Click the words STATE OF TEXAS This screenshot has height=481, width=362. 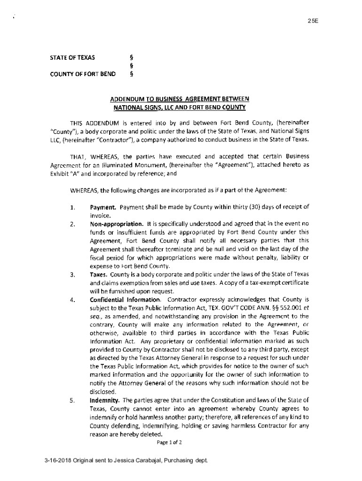click(72, 58)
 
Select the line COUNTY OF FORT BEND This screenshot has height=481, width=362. click(83, 74)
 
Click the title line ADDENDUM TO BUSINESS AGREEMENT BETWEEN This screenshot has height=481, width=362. click(178, 99)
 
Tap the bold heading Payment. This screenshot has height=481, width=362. click(103, 207)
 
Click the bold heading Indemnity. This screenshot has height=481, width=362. click(104, 400)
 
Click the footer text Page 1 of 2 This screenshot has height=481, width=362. click(170, 442)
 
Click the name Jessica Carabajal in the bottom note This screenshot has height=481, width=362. click(134, 460)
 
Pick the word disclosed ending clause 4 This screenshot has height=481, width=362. click(102, 392)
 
